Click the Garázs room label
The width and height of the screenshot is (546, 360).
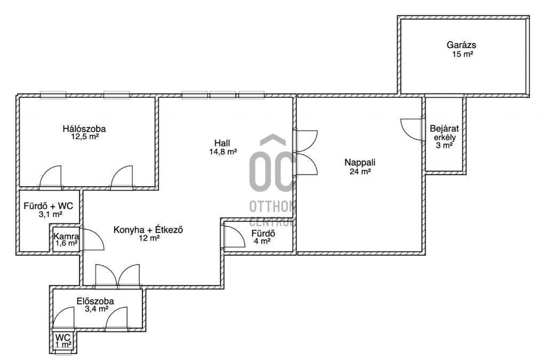pos(461,45)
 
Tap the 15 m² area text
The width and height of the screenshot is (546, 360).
pos(463,54)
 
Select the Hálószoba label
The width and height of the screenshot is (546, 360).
pos(84,129)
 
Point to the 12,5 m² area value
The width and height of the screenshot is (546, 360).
pos(85,137)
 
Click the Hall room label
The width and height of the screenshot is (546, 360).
pos(222,143)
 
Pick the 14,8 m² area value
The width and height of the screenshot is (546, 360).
pos(223,151)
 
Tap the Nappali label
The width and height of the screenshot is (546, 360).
pos(360,162)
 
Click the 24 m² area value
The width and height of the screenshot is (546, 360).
pos(360,171)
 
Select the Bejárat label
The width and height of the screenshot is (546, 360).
pos(444,129)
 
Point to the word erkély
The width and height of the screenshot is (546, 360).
pos(445,137)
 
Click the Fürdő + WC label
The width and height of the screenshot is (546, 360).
pos(49,206)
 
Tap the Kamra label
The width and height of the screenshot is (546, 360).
pos(66,236)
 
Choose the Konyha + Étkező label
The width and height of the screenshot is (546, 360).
pos(148,230)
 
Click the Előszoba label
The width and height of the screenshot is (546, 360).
pos(95,301)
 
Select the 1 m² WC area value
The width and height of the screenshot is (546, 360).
pos(63,344)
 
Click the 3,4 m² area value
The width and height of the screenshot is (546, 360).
pos(97,309)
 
